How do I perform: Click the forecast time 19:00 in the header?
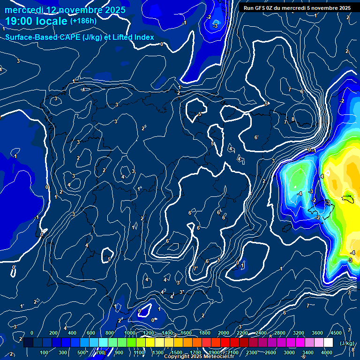22,21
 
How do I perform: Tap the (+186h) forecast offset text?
83,21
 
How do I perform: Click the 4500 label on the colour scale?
335,333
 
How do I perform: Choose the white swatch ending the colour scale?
328,343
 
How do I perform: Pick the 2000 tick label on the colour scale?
224,333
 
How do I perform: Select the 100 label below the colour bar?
45,352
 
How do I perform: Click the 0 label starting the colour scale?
32,333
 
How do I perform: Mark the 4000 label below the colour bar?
327,352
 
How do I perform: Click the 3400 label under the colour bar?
308,352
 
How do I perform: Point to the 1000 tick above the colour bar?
130,333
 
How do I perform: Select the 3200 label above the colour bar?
299,333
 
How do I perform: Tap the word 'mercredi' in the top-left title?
22,9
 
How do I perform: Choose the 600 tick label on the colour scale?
91,333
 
